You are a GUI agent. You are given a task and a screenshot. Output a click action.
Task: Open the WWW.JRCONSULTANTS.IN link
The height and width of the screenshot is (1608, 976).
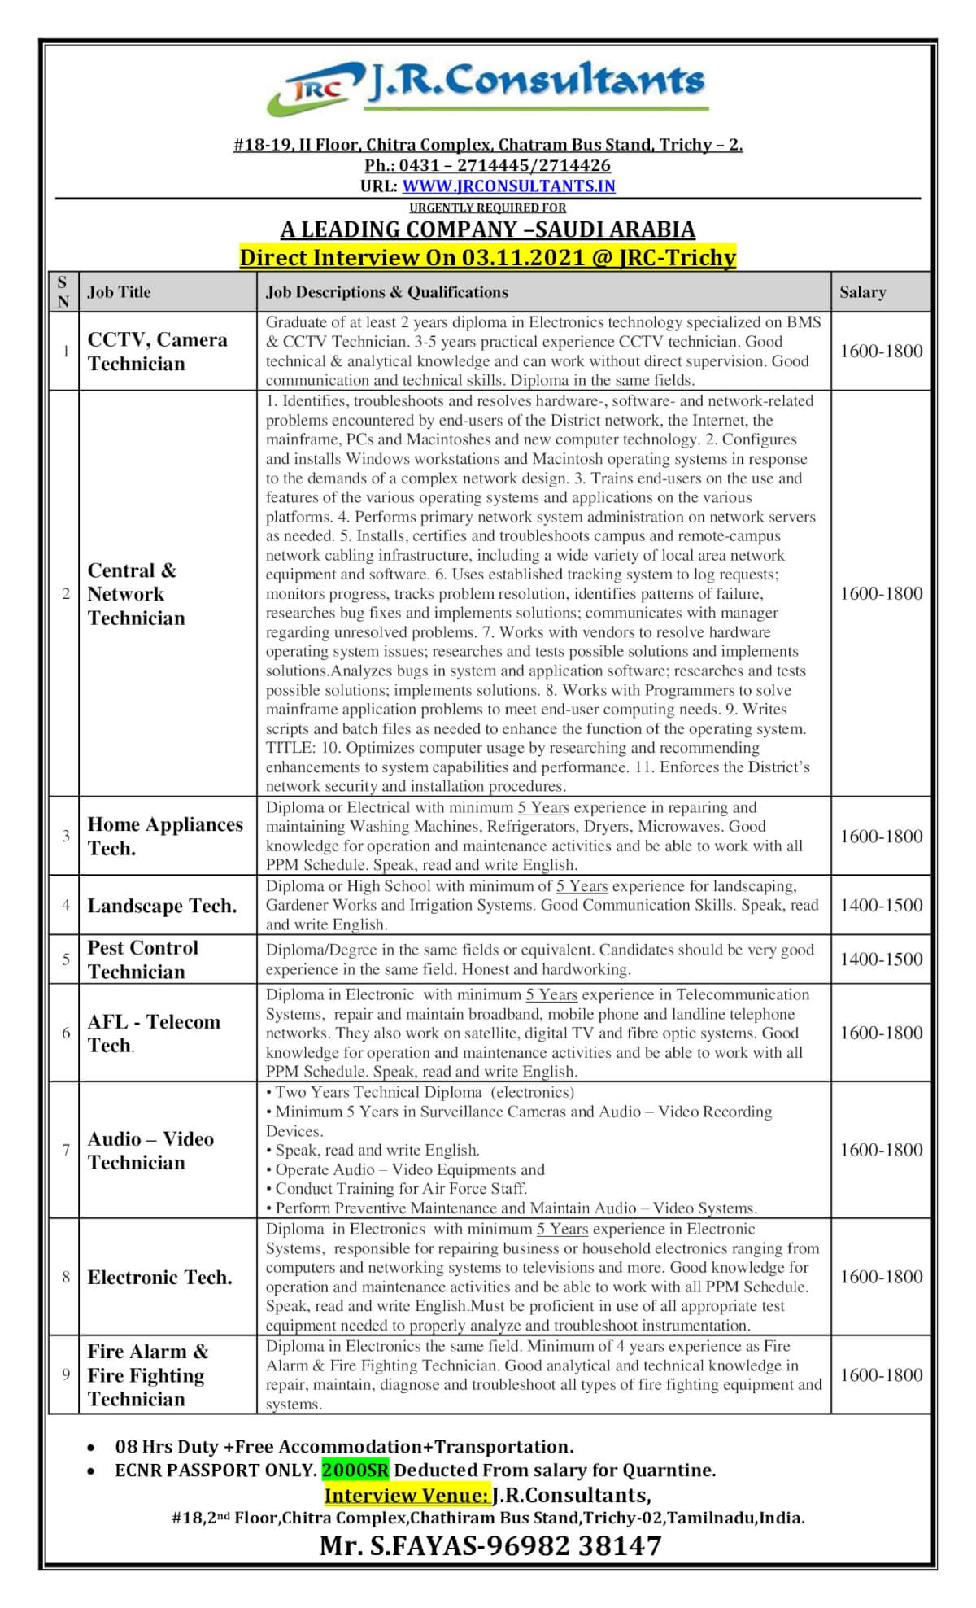point(508,186)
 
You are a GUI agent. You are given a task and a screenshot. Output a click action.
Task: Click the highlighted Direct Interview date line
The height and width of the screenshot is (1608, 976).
point(487,258)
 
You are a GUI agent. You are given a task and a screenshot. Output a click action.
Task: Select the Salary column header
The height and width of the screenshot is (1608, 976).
point(862,292)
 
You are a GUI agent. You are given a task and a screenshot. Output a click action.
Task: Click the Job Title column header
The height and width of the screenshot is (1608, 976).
point(119,292)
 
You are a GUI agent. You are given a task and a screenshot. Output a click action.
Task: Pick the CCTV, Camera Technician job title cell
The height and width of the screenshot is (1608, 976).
point(157,352)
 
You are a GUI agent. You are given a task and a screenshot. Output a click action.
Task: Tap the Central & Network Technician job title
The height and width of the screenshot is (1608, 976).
point(136,594)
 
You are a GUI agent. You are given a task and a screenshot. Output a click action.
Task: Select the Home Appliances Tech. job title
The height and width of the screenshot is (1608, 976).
point(164,836)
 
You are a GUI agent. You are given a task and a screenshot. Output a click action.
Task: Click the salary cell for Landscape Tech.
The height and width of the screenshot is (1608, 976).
point(881,905)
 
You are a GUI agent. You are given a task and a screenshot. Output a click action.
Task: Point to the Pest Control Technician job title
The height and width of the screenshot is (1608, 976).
point(142,959)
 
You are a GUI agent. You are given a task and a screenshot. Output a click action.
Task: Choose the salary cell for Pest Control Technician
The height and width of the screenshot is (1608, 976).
point(881,959)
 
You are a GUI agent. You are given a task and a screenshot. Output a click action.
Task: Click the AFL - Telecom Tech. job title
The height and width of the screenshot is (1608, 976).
point(153,1033)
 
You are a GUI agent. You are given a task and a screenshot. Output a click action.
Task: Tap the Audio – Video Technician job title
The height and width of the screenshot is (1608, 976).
point(150,1151)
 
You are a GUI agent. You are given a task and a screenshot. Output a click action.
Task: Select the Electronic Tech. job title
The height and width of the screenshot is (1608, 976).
point(159,1278)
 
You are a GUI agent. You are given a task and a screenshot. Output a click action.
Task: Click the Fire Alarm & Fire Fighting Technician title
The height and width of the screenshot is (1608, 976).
point(147,1375)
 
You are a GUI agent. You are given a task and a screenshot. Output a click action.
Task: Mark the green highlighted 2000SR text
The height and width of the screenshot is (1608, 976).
point(355,1470)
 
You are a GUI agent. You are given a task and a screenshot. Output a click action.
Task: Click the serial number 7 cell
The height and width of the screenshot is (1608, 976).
point(66,1150)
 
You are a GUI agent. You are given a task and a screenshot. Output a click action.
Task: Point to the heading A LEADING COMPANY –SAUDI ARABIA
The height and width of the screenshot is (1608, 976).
point(487,229)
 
